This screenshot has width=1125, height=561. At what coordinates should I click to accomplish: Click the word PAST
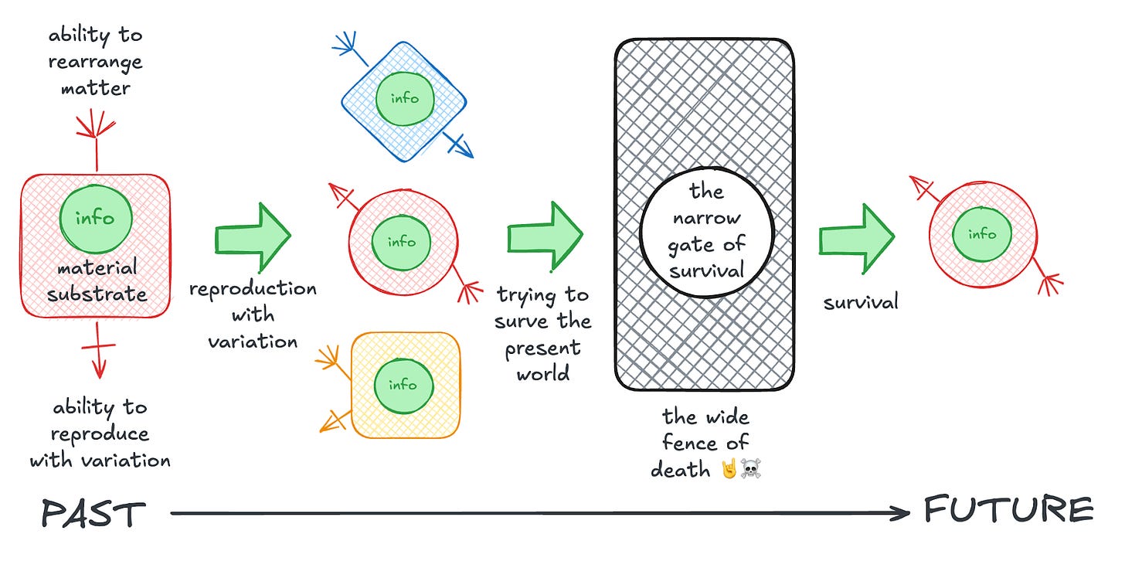[94, 513]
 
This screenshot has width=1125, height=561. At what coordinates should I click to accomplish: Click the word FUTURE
[1009, 510]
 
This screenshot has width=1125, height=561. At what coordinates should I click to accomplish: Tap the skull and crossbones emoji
[751, 468]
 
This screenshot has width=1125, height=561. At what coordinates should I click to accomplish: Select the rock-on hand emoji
[729, 468]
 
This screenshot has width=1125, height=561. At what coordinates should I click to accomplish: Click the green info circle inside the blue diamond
[405, 98]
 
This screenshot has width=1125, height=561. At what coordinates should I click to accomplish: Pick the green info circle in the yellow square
[403, 386]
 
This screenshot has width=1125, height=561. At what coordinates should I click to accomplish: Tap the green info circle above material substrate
[96, 219]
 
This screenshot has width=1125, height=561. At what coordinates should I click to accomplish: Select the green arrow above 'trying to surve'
[545, 236]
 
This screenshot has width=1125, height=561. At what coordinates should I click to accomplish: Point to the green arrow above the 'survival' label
[856, 239]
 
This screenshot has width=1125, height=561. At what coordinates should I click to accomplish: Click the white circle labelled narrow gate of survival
[707, 232]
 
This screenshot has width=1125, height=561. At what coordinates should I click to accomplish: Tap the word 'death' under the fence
[680, 470]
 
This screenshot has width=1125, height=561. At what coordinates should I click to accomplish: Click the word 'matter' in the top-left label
[96, 89]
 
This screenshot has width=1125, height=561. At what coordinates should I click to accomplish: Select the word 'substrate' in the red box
[97, 294]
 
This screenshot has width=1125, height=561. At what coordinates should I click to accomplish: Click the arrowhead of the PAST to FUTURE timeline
[900, 513]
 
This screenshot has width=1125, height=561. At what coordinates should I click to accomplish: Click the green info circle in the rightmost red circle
[982, 235]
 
